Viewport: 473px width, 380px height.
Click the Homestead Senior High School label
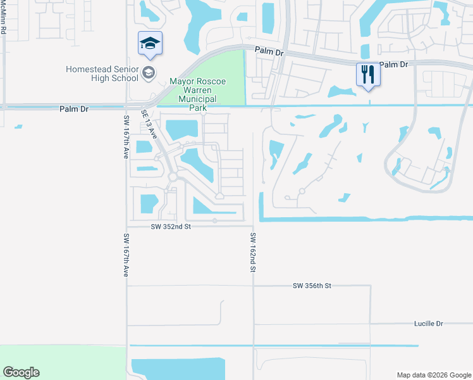click(x=102, y=73)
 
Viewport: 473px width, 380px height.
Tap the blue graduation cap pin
click(x=150, y=43)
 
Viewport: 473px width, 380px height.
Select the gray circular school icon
click(x=149, y=72)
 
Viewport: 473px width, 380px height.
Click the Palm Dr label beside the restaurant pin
click(x=395, y=65)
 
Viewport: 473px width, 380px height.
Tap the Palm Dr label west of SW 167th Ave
click(x=74, y=109)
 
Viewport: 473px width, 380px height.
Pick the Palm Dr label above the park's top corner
click(x=269, y=51)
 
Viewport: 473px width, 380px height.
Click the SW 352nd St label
click(x=171, y=226)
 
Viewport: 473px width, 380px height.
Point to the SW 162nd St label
click(x=252, y=252)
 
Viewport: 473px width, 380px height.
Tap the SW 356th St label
click(x=312, y=286)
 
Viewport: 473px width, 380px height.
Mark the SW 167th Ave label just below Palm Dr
click(x=126, y=137)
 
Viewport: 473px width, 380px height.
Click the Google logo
click(x=21, y=372)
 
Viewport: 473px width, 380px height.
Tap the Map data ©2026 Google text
click(x=433, y=375)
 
